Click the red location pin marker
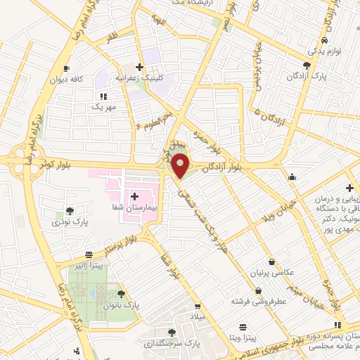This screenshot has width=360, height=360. tap(181, 165)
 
